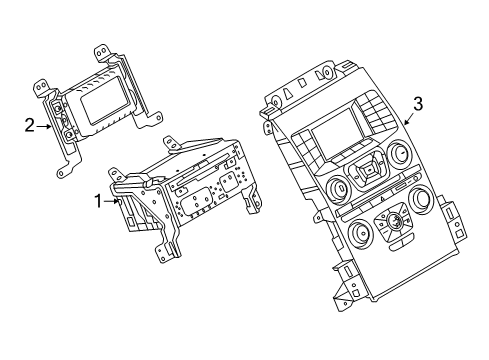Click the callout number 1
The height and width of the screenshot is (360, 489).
pos(98,201)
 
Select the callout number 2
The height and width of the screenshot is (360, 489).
pos(29,126)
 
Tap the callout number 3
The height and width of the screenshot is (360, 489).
pos(418,104)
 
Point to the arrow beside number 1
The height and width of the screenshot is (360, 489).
pos(112,201)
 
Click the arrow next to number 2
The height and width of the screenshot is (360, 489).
pos(43,126)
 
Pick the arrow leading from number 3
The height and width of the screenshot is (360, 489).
pos(410,118)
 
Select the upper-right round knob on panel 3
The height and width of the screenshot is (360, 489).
pos(398,152)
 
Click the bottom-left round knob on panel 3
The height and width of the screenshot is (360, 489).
pos(359,232)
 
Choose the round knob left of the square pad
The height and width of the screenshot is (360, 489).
pos(339,188)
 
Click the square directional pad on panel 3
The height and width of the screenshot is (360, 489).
pos(367,172)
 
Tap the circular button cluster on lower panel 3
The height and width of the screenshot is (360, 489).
pos(393,223)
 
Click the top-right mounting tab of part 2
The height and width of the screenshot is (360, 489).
pos(102,52)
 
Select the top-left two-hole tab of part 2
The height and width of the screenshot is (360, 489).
pos(42,87)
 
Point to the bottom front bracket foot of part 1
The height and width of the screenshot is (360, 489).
pos(165,253)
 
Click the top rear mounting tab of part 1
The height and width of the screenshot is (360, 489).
pos(171,144)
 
